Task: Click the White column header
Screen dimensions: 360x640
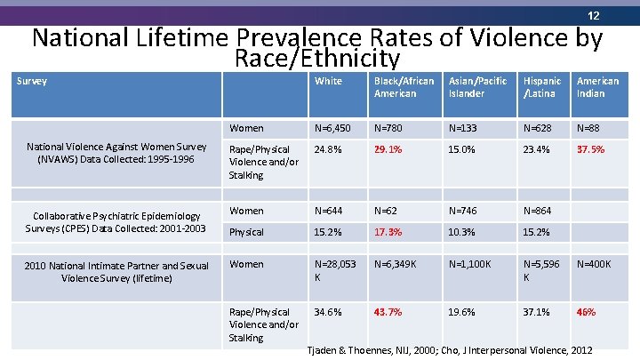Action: click(328, 81)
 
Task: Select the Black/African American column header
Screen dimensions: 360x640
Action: click(404, 87)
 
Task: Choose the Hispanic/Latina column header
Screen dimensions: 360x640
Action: click(542, 87)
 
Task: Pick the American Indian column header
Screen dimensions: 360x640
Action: click(597, 87)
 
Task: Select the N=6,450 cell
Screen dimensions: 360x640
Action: click(334, 127)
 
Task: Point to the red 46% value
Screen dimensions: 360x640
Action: click(586, 312)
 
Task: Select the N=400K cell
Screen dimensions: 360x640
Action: click(594, 264)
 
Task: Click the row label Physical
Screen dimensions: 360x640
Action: click(246, 232)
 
